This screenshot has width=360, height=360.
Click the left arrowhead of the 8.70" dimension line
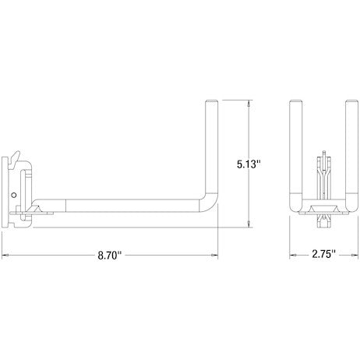pyautogui.click(x=5, y=256)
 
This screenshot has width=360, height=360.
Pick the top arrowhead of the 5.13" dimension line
pyautogui.click(x=249, y=102)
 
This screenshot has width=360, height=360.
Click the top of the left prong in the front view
pyautogui.click(x=294, y=103)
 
